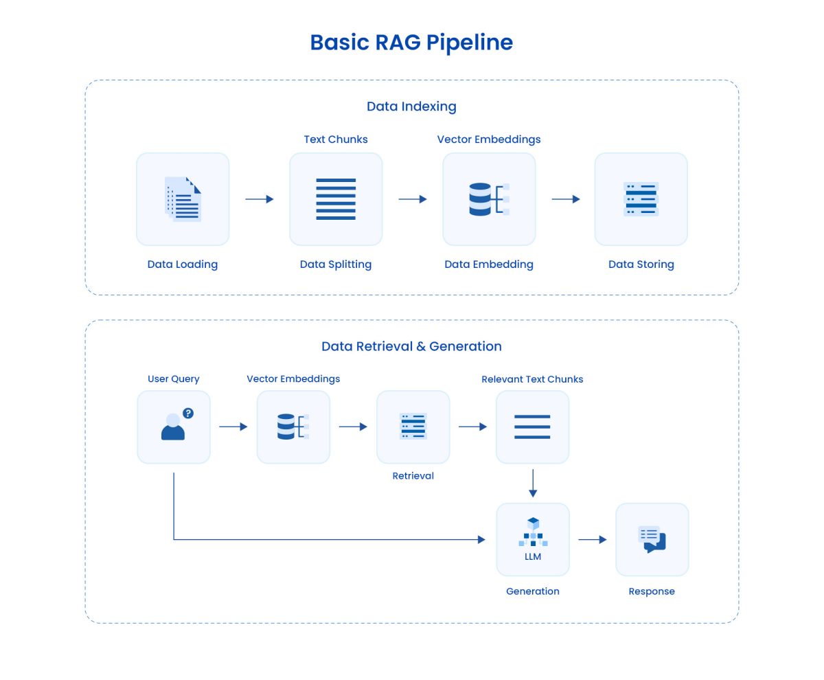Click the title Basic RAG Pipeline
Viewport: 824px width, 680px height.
click(x=411, y=43)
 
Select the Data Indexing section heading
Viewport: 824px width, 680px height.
click(x=411, y=106)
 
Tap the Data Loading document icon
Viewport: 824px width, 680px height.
click(x=183, y=199)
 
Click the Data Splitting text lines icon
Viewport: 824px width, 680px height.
click(x=336, y=199)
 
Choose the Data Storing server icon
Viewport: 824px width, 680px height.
click(x=641, y=199)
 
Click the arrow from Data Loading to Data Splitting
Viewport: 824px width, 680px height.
click(x=260, y=199)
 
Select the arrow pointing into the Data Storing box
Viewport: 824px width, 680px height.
click(x=566, y=199)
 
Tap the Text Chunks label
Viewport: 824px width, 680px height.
click(x=336, y=139)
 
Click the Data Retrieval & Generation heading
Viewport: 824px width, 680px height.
click(x=411, y=346)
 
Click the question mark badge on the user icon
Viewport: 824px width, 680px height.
click(x=188, y=413)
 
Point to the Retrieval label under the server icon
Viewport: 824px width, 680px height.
click(x=413, y=476)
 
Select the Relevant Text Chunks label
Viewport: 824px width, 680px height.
click(x=532, y=379)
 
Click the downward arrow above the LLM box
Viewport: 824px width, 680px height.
click(x=533, y=484)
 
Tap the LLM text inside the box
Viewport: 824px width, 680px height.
click(x=533, y=556)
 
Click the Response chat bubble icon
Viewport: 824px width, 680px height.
click(x=652, y=539)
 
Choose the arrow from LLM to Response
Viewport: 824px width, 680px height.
click(x=593, y=540)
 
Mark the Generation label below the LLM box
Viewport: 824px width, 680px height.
click(x=533, y=591)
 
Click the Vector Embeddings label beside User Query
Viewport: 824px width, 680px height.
click(x=293, y=379)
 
